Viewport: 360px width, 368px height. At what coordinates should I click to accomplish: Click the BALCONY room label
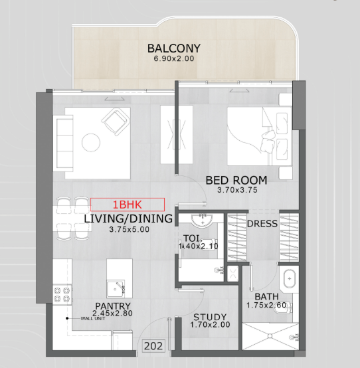coord(174,48)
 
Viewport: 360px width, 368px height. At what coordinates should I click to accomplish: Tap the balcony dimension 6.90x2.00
coord(174,58)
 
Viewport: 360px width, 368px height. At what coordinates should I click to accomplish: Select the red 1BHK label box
coord(128,205)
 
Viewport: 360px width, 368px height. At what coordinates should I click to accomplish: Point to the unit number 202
coord(153,346)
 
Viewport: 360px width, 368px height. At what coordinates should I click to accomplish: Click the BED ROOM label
coord(236,180)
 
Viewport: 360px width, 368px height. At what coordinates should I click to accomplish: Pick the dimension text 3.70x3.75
coord(237,190)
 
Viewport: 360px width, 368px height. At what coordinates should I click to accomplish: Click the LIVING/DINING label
coord(128,219)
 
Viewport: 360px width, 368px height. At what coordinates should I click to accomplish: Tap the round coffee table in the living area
coord(91,142)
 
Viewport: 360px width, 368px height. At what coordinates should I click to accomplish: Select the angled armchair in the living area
coord(116,122)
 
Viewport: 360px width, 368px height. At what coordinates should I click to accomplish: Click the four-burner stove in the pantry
coord(62,294)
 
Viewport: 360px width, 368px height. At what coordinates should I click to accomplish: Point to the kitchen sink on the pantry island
coord(116,288)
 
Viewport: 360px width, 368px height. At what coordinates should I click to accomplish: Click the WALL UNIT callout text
coord(93,318)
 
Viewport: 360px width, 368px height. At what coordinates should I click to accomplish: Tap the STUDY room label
coord(210,317)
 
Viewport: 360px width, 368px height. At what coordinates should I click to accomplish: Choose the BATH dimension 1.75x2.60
coord(266,305)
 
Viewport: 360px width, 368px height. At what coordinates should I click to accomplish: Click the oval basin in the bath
coord(289,279)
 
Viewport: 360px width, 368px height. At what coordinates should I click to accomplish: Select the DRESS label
coord(262,224)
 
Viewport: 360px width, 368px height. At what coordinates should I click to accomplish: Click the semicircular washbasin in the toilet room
coord(202,221)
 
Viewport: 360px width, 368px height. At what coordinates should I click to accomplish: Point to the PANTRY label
coord(113,306)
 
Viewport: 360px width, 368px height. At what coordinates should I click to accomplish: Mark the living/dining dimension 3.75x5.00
coord(130,229)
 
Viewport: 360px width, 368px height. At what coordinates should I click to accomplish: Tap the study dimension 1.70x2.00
coord(210,325)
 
